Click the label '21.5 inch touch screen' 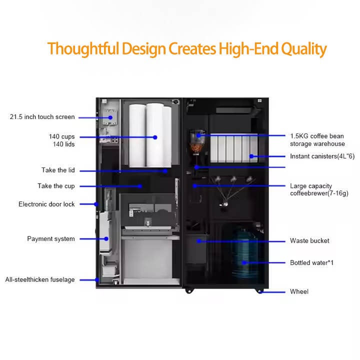coord(42,117)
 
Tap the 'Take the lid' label coord(58,170)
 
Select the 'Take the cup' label coord(56,186)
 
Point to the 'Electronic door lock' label coord(46,204)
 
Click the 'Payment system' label coord(51,239)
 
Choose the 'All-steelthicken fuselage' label coord(40,280)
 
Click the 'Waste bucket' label coord(309,241)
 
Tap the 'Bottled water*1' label coord(311,262)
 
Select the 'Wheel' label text coord(299,291)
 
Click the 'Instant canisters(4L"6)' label coord(322,156)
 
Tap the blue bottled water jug coord(244,252)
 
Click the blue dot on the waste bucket coord(198,241)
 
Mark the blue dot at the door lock coord(95,204)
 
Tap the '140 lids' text coord(63,144)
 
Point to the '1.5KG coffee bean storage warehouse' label coord(317,140)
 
